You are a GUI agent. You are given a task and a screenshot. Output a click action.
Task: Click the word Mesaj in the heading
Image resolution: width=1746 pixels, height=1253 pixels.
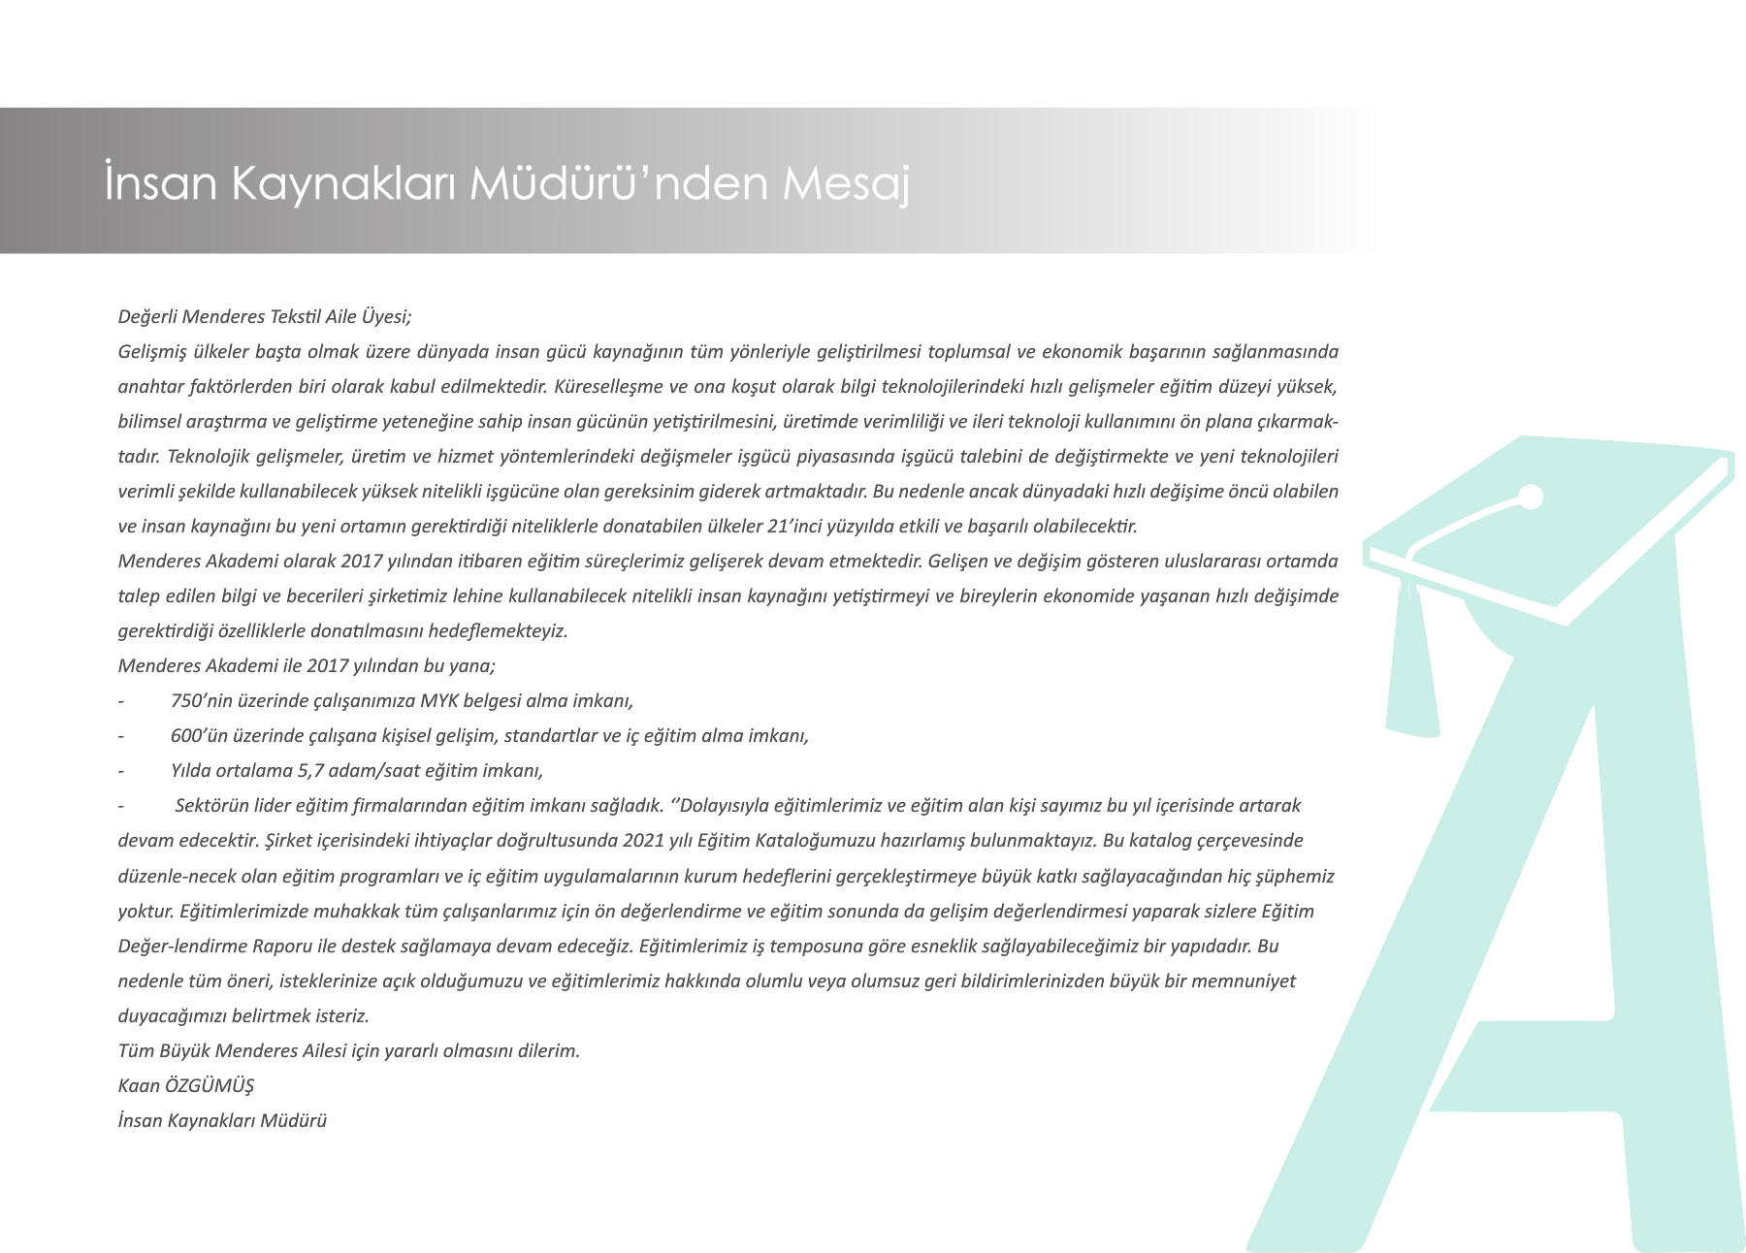(x=846, y=183)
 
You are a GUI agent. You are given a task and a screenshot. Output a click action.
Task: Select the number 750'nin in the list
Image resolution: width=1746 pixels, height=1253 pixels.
(x=202, y=700)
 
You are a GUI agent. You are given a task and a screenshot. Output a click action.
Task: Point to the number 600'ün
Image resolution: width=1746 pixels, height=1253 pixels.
(x=201, y=735)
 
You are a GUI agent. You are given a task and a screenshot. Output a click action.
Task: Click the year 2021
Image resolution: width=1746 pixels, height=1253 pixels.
(x=644, y=840)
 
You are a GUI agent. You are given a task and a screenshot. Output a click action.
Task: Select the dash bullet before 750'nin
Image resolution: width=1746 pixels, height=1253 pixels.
(x=121, y=701)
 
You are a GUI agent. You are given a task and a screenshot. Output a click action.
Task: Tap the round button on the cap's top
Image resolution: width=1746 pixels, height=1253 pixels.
(x=1530, y=498)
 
